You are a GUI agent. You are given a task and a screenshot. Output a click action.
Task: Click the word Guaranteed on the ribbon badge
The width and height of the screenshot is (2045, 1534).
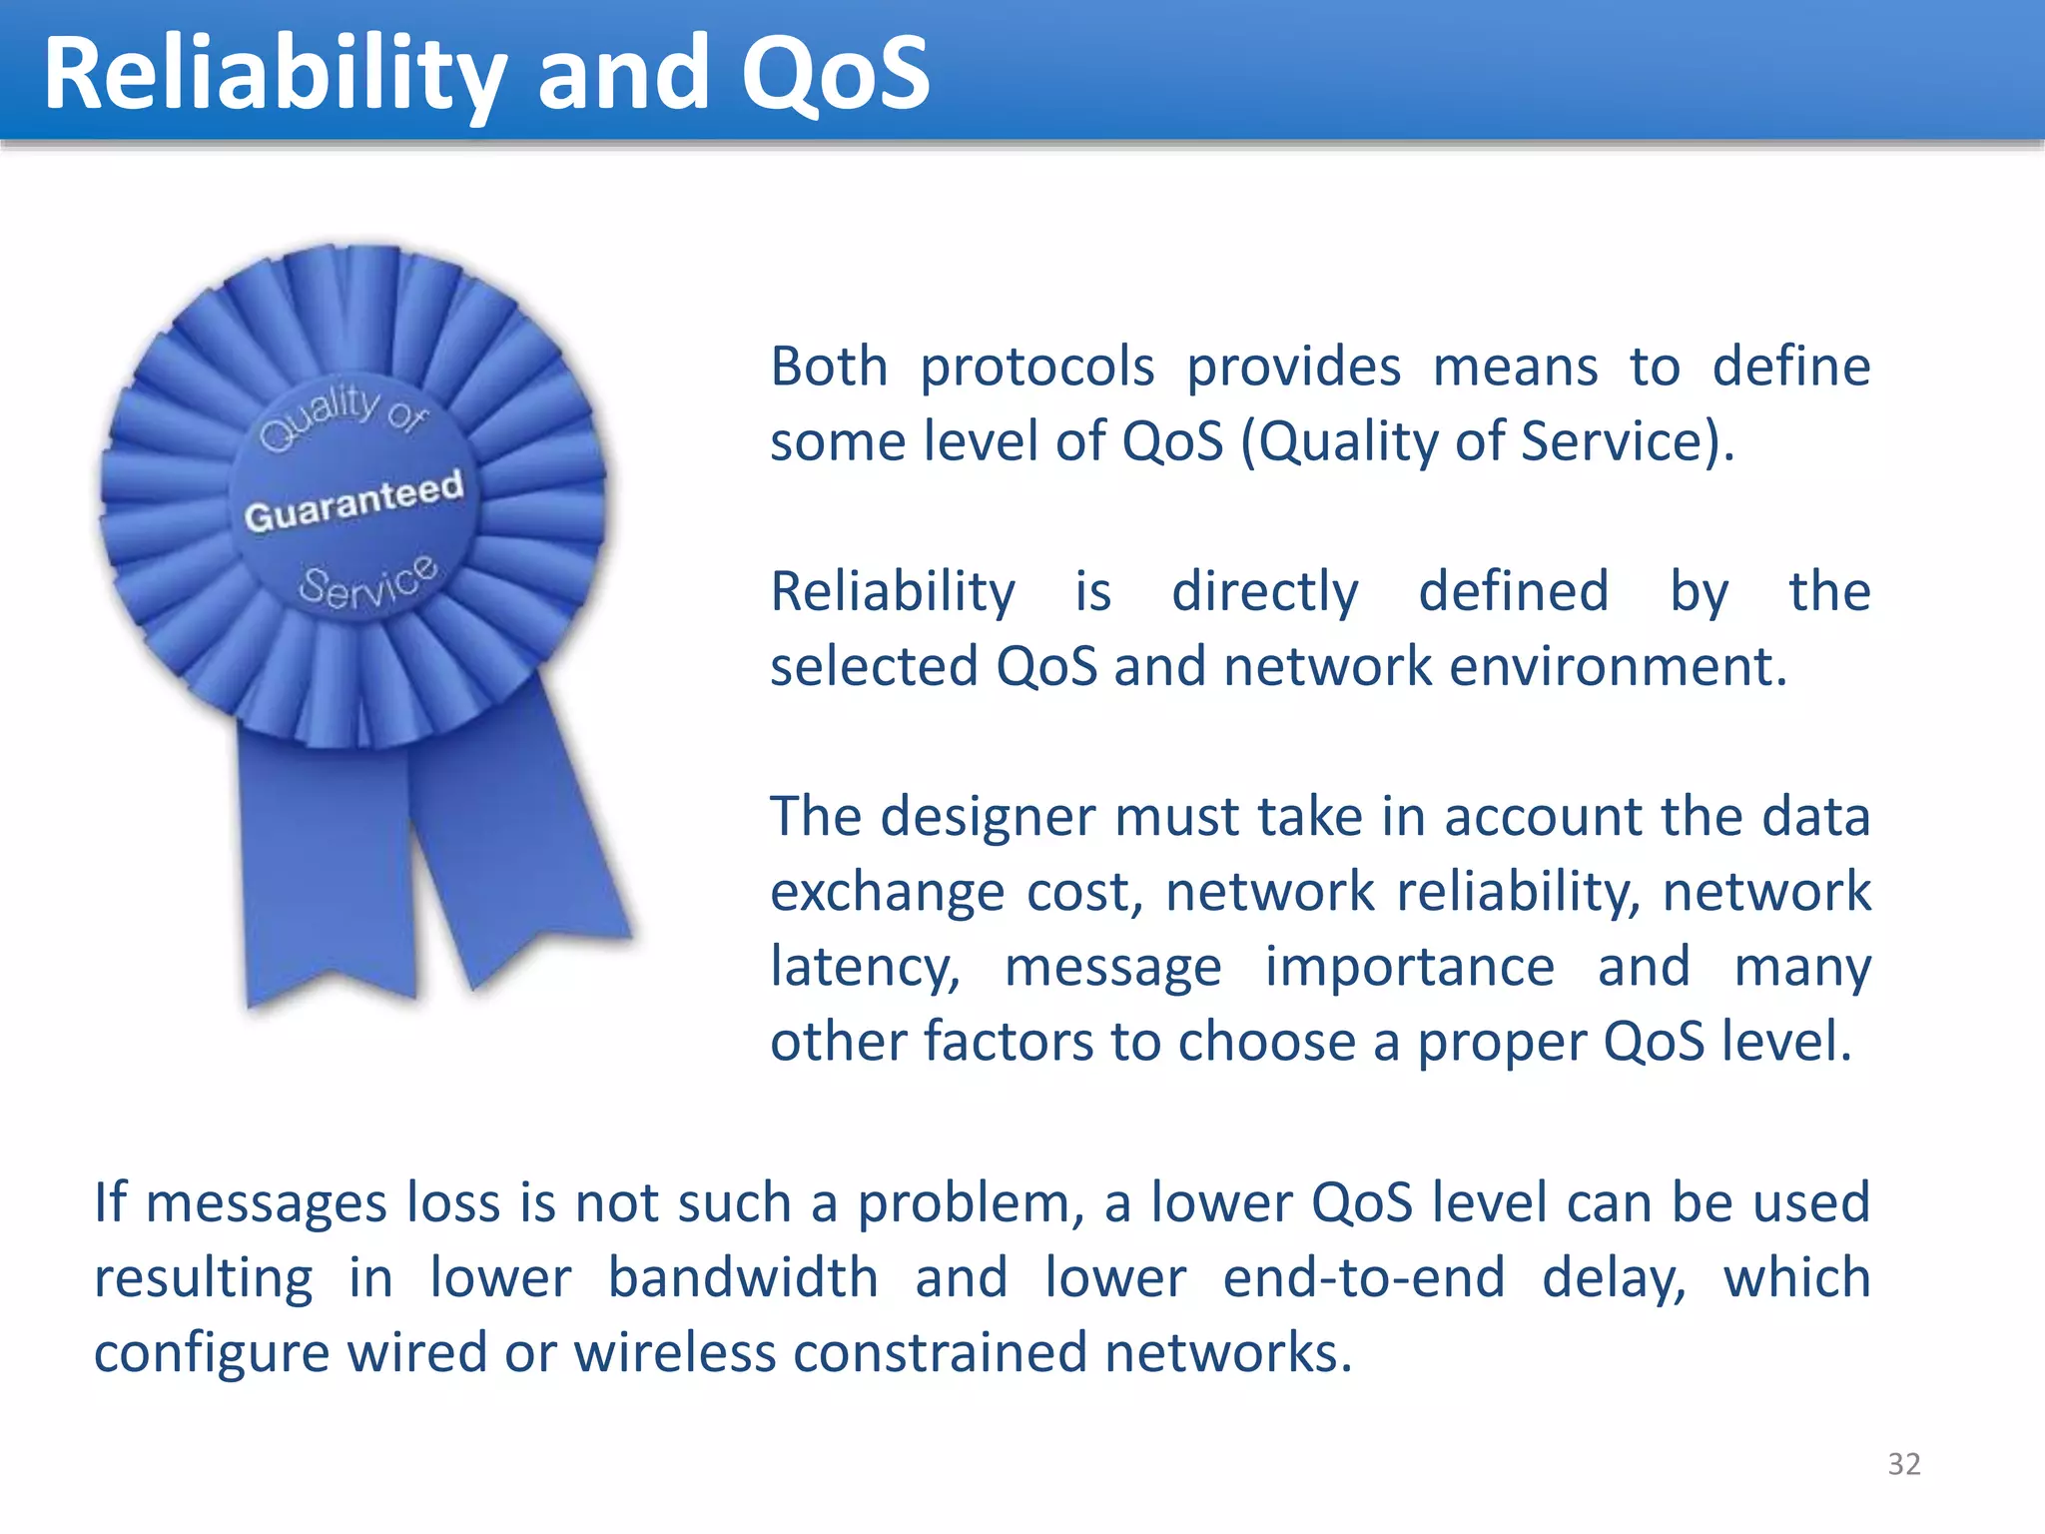(354, 500)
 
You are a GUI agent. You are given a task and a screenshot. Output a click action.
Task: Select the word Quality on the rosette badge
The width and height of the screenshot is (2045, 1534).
(318, 414)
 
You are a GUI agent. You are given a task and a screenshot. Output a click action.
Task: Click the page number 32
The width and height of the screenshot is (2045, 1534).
(1903, 1463)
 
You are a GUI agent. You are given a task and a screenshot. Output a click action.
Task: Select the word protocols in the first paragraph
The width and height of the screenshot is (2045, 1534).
(1036, 368)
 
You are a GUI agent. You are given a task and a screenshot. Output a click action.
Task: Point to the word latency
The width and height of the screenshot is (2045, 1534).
(865, 967)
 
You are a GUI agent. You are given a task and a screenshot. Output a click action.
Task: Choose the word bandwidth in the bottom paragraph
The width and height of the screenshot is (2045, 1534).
(743, 1277)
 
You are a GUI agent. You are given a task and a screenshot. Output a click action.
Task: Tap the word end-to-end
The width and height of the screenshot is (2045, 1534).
(1363, 1277)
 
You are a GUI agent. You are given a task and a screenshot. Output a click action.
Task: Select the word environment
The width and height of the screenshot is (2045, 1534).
(1617, 666)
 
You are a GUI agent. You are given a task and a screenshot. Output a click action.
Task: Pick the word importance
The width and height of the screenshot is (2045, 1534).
(1409, 967)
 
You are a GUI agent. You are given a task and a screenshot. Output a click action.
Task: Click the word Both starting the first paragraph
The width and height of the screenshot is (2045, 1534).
(828, 367)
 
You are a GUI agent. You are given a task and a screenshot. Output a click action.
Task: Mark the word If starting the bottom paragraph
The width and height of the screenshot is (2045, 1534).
(110, 1201)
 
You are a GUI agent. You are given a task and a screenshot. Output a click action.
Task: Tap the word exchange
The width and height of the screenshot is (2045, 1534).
(887, 892)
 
